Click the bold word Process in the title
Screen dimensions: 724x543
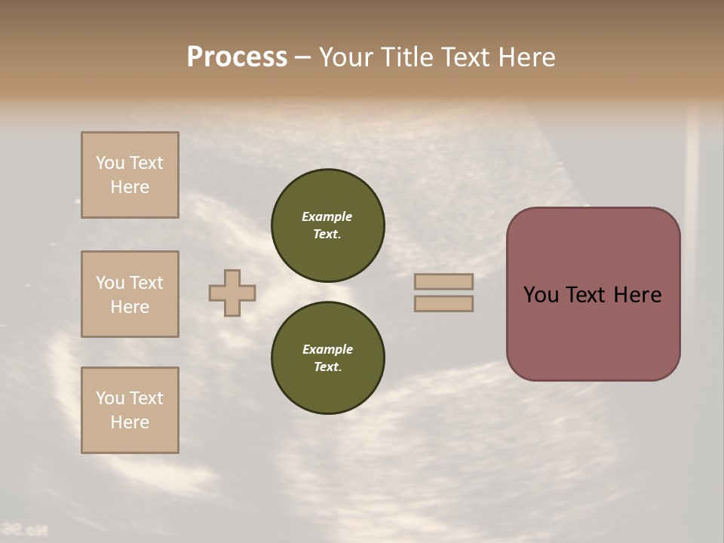tap(237, 57)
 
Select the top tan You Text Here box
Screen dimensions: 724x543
tap(130, 175)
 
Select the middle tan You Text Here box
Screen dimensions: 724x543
tap(130, 294)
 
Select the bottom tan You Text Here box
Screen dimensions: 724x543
tap(130, 410)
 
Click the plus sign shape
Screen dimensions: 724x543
tap(232, 293)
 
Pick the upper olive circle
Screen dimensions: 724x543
tap(327, 225)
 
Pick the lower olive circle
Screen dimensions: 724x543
tap(327, 357)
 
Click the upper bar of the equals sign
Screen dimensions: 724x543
tap(443, 281)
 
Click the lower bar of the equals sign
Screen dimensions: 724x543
tap(443, 303)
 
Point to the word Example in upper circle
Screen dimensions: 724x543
tap(327, 216)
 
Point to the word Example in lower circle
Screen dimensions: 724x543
tap(327, 349)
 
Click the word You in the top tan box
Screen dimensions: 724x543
tap(110, 163)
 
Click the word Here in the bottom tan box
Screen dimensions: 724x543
tap(130, 422)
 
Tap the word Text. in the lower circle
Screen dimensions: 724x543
tap(327, 367)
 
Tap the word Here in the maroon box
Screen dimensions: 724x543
tap(637, 295)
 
